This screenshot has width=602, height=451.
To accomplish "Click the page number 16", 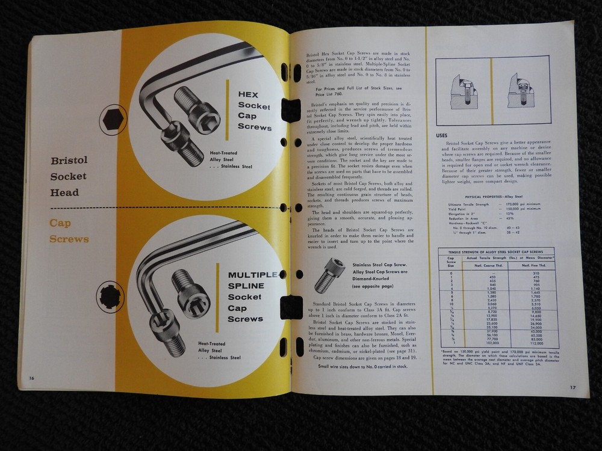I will click(x=30, y=377).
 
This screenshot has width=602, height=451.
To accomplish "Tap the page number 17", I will click(x=573, y=387).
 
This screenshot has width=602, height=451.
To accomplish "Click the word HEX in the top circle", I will click(x=248, y=94).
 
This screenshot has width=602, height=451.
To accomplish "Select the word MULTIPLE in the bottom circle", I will click(x=252, y=276).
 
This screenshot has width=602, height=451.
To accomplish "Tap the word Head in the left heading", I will click(x=64, y=192).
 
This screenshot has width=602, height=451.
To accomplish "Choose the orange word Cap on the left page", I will click(x=61, y=224).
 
